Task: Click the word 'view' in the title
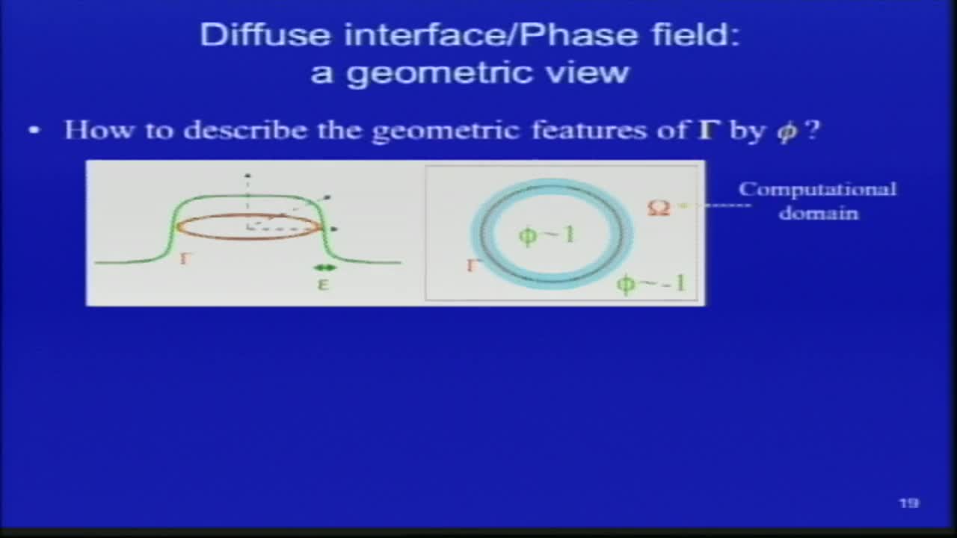coord(597,73)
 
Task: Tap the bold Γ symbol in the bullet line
coord(701,130)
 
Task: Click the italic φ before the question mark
coord(786,132)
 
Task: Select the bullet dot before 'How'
coord(34,131)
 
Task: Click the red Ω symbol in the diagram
coord(658,207)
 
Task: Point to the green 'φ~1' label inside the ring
coord(547,235)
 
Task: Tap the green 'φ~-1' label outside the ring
coord(650,284)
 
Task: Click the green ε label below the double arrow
coord(324,285)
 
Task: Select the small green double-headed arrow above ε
coord(324,268)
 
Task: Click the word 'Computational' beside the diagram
coord(817,189)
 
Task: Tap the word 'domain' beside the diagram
coord(818,213)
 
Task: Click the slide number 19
coord(908,504)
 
